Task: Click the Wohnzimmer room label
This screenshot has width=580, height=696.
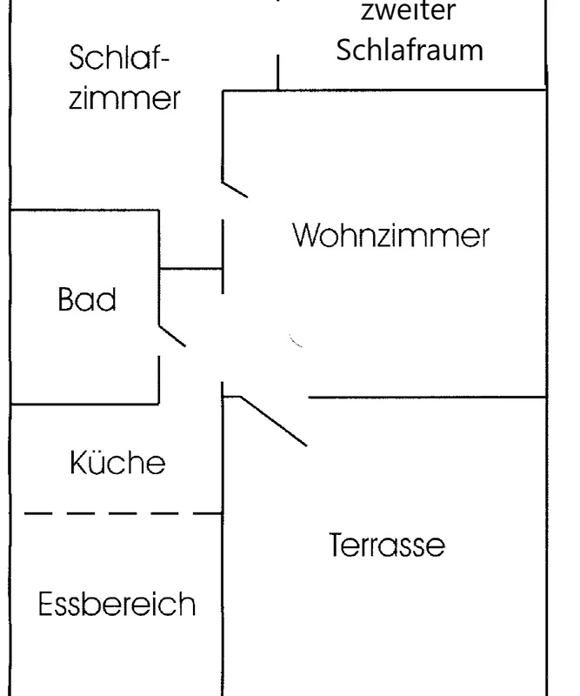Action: (x=391, y=235)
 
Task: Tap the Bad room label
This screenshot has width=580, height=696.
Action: (x=87, y=298)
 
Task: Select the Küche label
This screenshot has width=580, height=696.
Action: (x=117, y=462)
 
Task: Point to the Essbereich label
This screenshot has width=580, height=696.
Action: (x=117, y=603)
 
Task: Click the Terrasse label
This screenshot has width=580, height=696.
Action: (x=387, y=545)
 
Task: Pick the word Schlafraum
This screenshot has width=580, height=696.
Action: (x=410, y=50)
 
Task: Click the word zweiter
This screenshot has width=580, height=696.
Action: (x=409, y=10)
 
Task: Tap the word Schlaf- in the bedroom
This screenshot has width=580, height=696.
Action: (x=119, y=57)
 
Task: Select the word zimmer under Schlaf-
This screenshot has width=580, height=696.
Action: (x=124, y=97)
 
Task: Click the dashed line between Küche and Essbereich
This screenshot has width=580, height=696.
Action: (x=123, y=513)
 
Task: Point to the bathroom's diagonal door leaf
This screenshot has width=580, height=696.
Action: (x=172, y=336)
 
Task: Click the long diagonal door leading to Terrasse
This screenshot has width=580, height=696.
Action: (x=273, y=421)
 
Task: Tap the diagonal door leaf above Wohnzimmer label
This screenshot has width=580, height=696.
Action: (x=235, y=189)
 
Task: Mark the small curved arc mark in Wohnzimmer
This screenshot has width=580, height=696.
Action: (x=295, y=340)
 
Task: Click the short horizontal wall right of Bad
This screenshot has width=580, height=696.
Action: (x=190, y=269)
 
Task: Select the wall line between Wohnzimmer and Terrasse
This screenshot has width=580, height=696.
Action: (x=427, y=397)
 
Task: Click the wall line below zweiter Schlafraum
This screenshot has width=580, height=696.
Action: (x=383, y=90)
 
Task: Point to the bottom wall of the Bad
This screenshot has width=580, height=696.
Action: (x=84, y=404)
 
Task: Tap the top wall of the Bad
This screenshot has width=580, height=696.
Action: (x=84, y=210)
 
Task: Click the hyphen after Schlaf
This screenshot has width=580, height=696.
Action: (x=163, y=59)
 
